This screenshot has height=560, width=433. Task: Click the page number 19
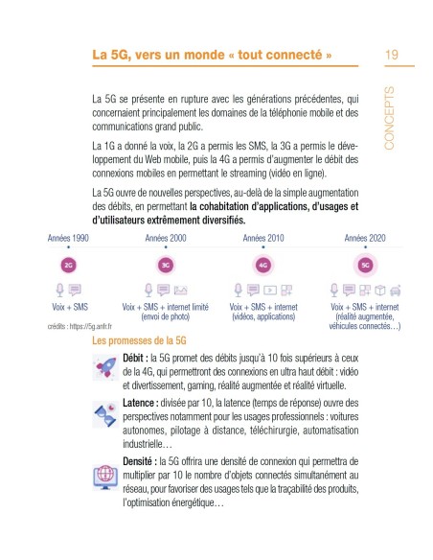coord(392,54)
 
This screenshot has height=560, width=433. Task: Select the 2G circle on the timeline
coord(69,264)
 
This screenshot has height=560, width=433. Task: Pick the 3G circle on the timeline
coord(166,264)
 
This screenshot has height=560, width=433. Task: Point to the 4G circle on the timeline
coord(262,264)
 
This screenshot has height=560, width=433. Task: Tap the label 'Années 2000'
coord(166,236)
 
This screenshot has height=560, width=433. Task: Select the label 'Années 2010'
coord(262,236)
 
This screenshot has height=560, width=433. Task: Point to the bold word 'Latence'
coord(146,402)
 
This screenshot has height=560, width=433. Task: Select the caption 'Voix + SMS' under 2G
coord(69,306)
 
